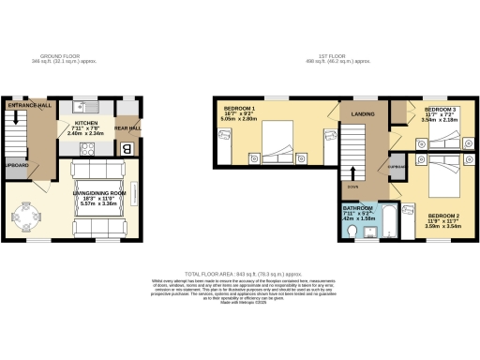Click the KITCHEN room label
88,123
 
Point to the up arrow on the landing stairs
353,173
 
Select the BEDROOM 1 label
239,110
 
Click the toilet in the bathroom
352,228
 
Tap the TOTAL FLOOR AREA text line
240,270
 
